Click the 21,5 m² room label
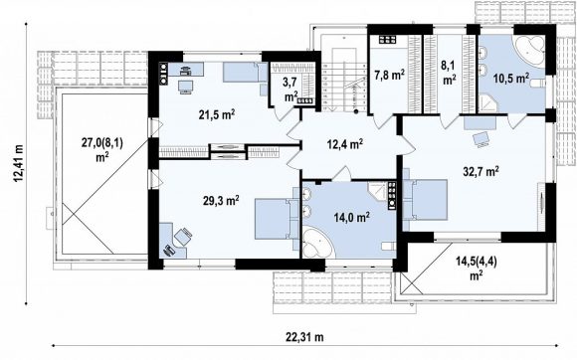[x=217, y=114]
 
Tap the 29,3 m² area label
[x=221, y=201]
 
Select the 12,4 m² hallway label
[x=345, y=144]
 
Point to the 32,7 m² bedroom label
[x=481, y=171]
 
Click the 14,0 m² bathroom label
[x=352, y=218]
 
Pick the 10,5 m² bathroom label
[x=511, y=79]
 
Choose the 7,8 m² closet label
[x=390, y=75]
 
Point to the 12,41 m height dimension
[x=19, y=163]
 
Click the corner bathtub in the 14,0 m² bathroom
[x=318, y=242]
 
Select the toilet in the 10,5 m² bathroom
[x=537, y=85]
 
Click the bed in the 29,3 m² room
[x=277, y=219]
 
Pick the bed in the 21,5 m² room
[x=245, y=72]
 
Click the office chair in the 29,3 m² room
[x=182, y=236]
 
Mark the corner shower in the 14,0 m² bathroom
[x=377, y=191]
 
